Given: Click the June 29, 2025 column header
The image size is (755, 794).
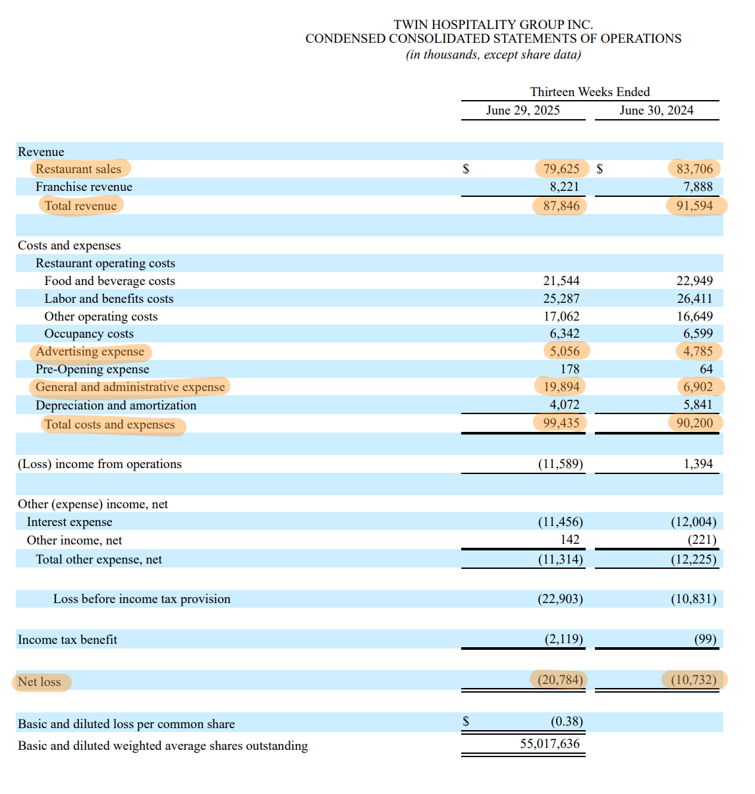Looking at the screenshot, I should [523, 110].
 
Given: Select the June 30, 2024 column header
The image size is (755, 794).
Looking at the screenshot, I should [656, 110].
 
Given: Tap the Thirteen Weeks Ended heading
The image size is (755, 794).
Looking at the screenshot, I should [590, 92].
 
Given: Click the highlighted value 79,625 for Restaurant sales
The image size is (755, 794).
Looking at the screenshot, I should [561, 169].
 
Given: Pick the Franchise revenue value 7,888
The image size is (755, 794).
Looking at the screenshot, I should [698, 187].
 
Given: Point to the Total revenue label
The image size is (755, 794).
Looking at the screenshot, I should [80, 205].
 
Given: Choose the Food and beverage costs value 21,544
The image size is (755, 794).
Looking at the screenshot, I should [561, 281].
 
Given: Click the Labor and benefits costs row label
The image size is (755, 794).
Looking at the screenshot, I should [109, 299].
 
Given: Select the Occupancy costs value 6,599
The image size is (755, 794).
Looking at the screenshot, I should [698, 334].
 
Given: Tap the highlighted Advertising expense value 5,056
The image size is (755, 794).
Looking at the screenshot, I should [565, 352].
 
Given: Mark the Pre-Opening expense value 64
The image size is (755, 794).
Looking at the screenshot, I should [706, 369].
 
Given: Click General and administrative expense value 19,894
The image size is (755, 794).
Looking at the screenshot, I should [561, 387].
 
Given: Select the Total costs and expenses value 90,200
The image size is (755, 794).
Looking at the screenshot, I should [694, 423].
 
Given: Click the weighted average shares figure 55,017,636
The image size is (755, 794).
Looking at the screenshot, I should [550, 744].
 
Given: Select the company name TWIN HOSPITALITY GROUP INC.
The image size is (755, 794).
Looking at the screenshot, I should [493, 24].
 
